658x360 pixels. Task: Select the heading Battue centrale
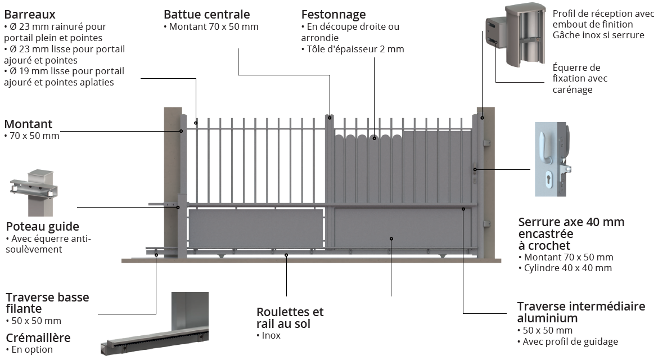coord(206,15)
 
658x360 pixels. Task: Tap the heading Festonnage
coord(333,15)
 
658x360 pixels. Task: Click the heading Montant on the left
coord(28,124)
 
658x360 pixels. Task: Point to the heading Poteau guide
coord(42,226)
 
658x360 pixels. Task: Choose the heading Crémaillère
coord(38,337)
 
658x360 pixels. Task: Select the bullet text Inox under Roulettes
coord(271,336)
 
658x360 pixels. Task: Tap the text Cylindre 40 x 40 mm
coord(567,268)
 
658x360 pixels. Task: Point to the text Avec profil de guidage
coord(570,341)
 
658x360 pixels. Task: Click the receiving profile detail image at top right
coord(514,35)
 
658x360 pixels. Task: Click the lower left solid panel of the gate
coord(255,228)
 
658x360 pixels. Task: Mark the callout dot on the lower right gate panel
coord(391,238)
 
